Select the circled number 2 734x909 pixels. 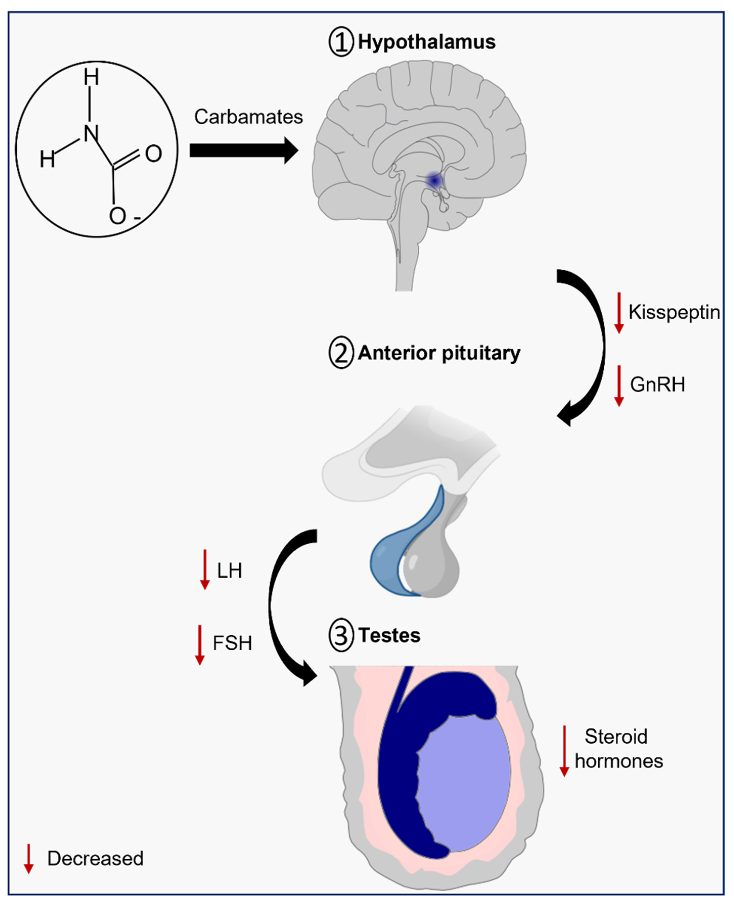coord(341,353)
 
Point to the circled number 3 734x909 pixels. coord(341,635)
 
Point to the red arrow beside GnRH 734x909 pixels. coord(619,385)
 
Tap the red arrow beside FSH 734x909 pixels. coord(200,645)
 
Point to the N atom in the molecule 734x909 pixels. coord(90,134)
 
